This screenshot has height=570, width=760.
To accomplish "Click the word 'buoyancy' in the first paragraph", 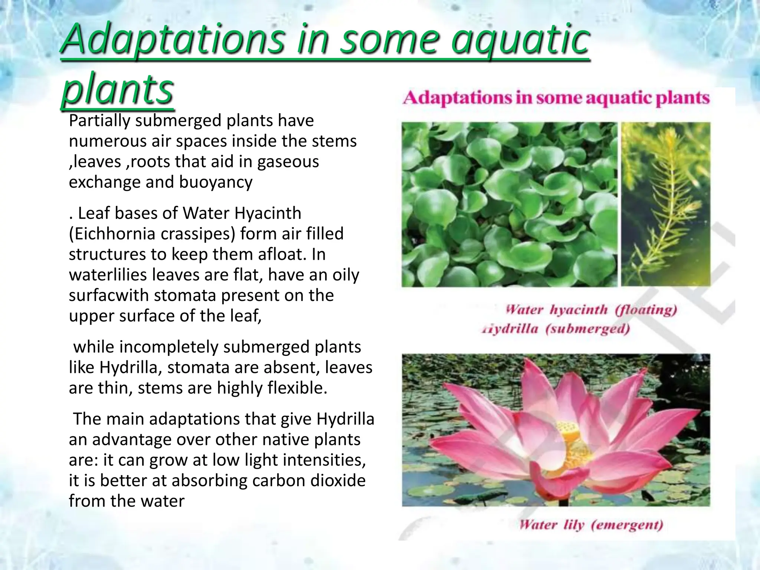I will click(216, 182).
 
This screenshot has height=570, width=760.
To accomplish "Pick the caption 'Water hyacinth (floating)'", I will click(591, 310).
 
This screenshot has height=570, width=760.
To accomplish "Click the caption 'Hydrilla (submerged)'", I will click(556, 329).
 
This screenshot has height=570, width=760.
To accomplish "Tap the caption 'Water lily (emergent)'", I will click(591, 525).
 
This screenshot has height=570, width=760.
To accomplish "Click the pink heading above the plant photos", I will click(556, 98).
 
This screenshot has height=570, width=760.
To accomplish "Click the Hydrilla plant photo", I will click(666, 204).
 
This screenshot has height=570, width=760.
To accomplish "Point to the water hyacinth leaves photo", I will click(509, 204).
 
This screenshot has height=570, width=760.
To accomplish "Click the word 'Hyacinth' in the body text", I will click(268, 213).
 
